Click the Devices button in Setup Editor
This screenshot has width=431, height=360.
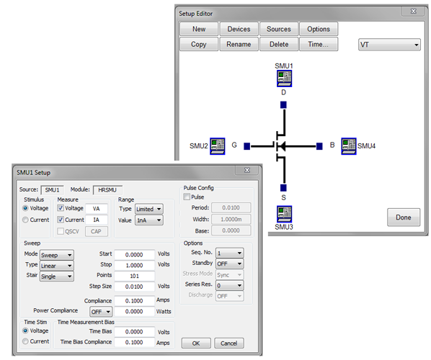point(239,29)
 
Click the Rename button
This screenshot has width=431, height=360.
point(239,44)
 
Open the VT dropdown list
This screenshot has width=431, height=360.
point(389,45)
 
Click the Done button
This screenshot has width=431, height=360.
point(404,217)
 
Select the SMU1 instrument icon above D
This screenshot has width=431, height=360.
point(284,78)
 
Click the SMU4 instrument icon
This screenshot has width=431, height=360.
point(349,146)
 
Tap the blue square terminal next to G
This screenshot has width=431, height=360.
point(246,146)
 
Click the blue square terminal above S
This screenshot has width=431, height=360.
point(283,188)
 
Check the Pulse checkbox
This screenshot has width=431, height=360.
point(187,197)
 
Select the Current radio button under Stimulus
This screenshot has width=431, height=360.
point(25,220)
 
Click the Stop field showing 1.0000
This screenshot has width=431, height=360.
point(134,265)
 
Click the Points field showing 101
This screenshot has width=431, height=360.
point(134,276)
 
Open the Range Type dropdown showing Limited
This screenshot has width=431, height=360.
point(149,209)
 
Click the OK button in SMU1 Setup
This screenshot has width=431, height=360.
point(196,343)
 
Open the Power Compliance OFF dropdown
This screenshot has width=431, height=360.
point(101,312)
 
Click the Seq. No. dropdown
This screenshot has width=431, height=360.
point(229,253)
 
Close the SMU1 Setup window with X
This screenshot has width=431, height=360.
point(247,170)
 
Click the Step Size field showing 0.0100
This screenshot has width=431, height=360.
point(134,287)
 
